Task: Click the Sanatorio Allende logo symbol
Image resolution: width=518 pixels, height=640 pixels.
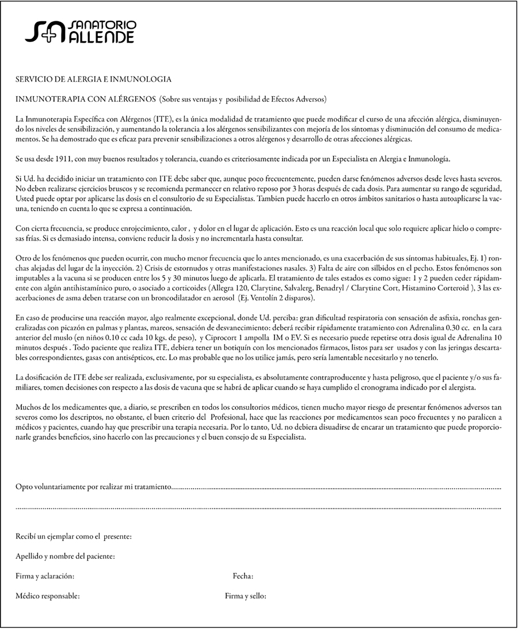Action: [x=45, y=32]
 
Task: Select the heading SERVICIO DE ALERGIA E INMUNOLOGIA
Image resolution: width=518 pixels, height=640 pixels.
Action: [x=93, y=79]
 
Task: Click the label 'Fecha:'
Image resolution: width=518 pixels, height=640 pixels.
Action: [x=243, y=576]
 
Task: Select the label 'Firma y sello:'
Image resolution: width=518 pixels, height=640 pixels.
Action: [x=245, y=596]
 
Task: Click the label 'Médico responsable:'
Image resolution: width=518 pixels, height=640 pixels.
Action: [x=47, y=596]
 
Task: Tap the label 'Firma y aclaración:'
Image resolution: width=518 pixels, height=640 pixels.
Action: [x=44, y=576]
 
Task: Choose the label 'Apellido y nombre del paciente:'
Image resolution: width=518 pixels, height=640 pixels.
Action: [x=65, y=557]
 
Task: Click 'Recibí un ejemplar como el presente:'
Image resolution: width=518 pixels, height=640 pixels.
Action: [x=74, y=537]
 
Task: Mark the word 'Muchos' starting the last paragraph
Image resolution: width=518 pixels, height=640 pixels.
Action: [x=27, y=407]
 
